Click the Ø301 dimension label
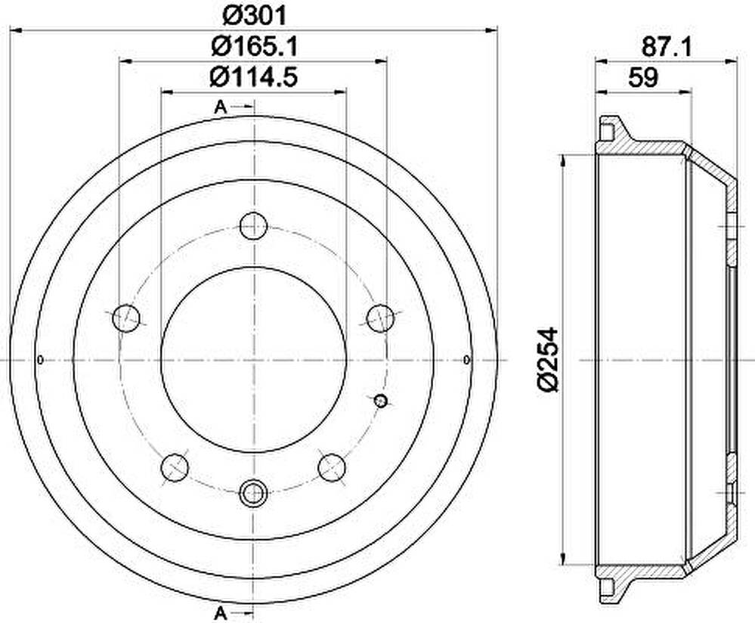[254, 15]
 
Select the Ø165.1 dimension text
[254, 46]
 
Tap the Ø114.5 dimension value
[254, 76]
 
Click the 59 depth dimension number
[643, 77]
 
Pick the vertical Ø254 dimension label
[547, 360]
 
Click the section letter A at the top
[220, 107]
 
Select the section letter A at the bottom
[220, 613]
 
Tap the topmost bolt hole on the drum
[253, 225]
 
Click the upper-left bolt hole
[125, 318]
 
